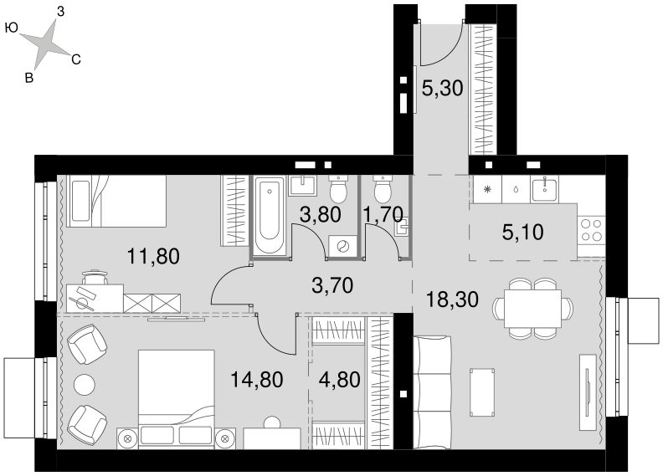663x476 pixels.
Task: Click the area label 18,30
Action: point(452,299)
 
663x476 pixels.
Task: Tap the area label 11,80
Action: point(153,256)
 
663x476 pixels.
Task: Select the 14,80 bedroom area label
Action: point(257,380)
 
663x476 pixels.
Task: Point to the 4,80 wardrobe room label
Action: point(340,380)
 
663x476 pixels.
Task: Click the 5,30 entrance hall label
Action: point(443,89)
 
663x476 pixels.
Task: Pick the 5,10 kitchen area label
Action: point(522,233)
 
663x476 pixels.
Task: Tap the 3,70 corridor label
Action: point(332,286)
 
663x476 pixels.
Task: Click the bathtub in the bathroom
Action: point(270,215)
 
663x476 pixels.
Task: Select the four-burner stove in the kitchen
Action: point(592,230)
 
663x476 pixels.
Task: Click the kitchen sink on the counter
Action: point(545,189)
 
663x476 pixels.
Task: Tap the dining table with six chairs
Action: point(532,309)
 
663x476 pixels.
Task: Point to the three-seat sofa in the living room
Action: point(432,392)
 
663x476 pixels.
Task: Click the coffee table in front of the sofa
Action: point(482,392)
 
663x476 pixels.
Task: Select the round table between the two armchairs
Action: point(85,384)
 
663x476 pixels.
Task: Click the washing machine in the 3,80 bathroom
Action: point(343,245)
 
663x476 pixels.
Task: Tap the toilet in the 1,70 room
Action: point(383,190)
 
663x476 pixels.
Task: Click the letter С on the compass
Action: point(76,60)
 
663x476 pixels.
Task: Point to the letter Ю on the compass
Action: point(12,28)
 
